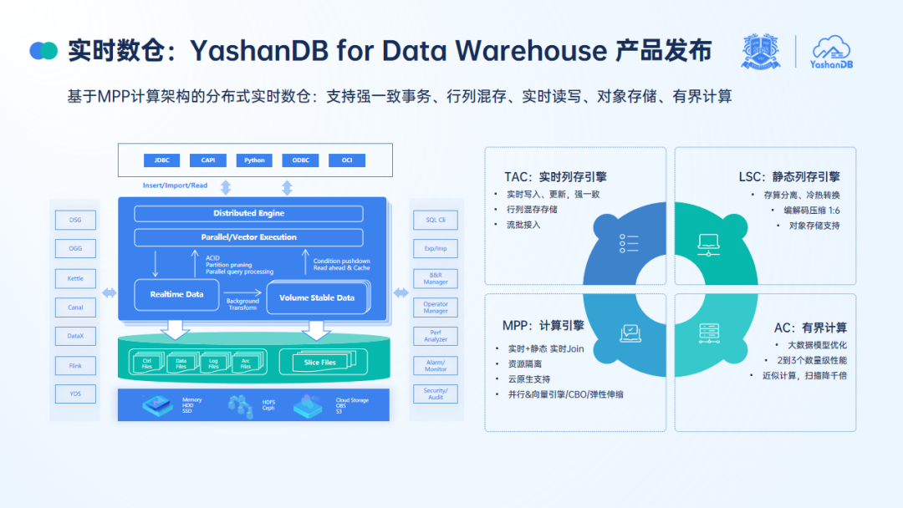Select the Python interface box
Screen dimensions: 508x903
[254, 160]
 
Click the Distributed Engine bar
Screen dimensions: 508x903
[248, 214]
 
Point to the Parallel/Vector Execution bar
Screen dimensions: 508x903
[248, 237]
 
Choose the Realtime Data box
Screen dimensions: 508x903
[176, 295]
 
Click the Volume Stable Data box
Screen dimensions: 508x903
[317, 298]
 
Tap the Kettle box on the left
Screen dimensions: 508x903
[75, 278]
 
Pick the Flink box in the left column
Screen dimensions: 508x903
[75, 365]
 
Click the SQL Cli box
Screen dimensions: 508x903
[436, 220]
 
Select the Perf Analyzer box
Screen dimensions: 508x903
[436, 336]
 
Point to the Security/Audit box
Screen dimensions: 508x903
[436, 394]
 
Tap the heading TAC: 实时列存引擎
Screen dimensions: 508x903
[555, 176]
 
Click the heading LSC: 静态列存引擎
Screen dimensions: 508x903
[789, 176]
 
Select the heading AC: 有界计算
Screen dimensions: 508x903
[810, 328]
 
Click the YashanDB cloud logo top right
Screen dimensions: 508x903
[832, 52]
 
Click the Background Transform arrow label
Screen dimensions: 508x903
[242, 304]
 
